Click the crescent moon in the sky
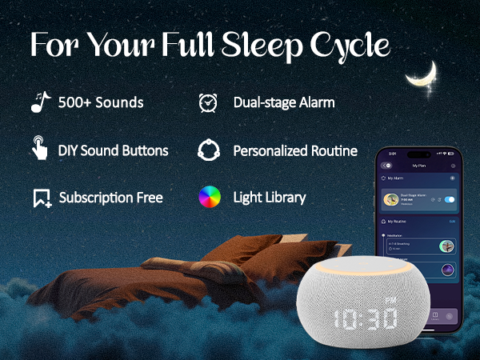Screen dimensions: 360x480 click(x=422, y=75)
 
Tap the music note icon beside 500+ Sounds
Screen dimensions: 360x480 click(x=40, y=102)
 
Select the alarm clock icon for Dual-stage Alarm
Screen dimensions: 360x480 click(x=208, y=102)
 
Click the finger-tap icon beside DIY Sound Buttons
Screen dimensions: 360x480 click(x=39, y=149)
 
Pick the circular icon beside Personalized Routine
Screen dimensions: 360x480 click(x=208, y=150)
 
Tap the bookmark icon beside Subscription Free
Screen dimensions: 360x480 click(x=42, y=198)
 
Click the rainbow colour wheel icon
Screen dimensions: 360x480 click(x=208, y=197)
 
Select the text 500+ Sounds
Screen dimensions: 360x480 click(x=101, y=102)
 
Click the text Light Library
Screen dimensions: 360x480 click(x=269, y=197)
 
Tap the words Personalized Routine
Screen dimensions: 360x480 click(x=294, y=150)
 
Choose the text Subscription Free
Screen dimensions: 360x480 click(x=110, y=198)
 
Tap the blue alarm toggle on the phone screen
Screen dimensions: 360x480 click(x=450, y=199)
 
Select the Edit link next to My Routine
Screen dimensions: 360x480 click(x=452, y=222)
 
